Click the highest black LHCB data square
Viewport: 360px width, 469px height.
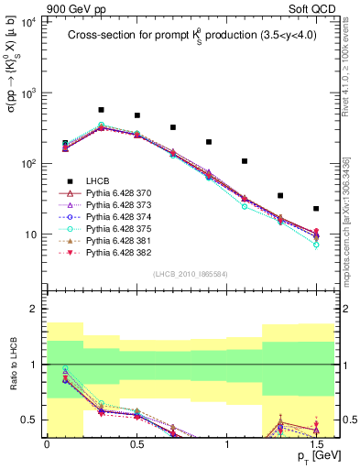(101, 110)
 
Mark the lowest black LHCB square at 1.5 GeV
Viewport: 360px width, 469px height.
(316, 209)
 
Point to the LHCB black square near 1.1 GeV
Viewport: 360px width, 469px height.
(245, 161)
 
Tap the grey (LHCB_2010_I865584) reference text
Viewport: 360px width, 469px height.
(190, 275)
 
